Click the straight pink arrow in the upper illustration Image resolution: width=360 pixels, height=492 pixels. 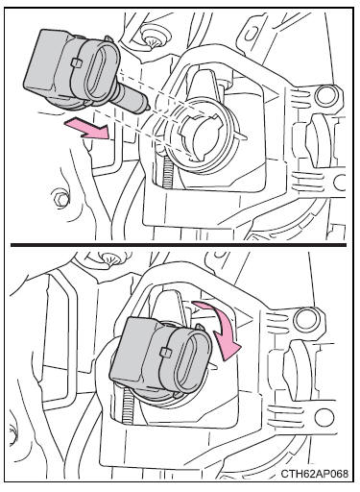tap(88, 127)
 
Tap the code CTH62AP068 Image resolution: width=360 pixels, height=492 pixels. tap(315, 474)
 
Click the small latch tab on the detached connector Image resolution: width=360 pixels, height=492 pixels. tap(76, 62)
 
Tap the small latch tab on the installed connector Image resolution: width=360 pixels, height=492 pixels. tap(165, 352)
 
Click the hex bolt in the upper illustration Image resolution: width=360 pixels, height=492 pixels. tap(60, 199)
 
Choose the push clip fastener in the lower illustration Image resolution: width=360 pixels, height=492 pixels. tap(108, 258)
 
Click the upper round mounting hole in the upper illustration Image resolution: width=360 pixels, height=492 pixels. tap(324, 96)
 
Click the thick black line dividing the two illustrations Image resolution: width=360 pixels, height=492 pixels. tap(179, 245)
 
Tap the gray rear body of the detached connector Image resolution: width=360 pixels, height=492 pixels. tap(48, 64)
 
